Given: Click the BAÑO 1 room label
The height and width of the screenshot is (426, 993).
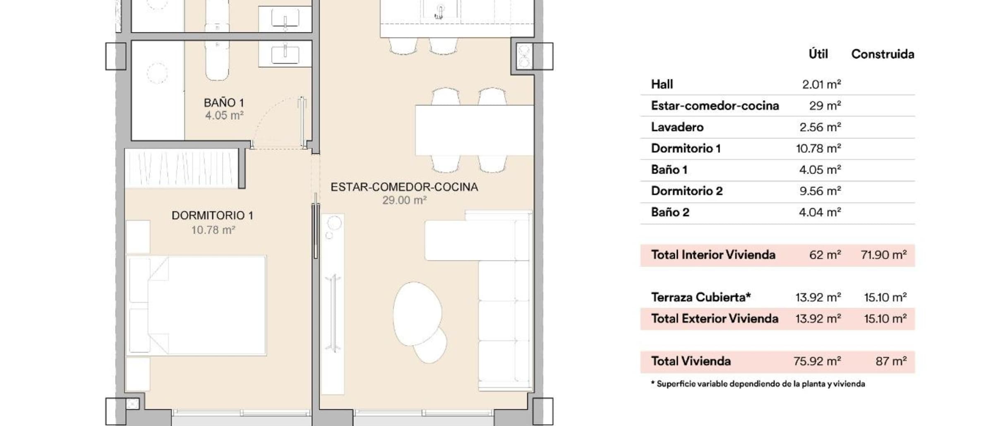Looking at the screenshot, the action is pyautogui.click(x=224, y=102).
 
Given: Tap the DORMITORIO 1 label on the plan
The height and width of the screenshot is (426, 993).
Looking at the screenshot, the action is pyautogui.click(x=212, y=215).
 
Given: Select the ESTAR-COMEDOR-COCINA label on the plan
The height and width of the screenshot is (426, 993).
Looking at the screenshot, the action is pyautogui.click(x=404, y=187).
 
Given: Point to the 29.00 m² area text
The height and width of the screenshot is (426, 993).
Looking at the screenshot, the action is pyautogui.click(x=404, y=200).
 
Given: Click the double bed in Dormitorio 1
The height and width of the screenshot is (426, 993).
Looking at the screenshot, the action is pyautogui.click(x=196, y=306).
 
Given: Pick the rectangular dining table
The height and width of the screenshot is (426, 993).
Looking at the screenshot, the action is pyautogui.click(x=475, y=130).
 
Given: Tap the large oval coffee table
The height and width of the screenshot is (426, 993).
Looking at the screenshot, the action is pyautogui.click(x=417, y=313).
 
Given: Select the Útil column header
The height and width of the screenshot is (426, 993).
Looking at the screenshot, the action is pyautogui.click(x=818, y=54).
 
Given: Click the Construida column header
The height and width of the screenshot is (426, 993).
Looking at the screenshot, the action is pyautogui.click(x=883, y=54).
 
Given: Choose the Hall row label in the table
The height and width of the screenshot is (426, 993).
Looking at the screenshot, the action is pyautogui.click(x=662, y=84).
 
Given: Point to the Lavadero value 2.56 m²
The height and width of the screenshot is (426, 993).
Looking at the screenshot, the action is pyautogui.click(x=820, y=127).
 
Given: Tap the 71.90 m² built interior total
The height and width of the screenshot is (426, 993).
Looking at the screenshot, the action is pyautogui.click(x=884, y=255).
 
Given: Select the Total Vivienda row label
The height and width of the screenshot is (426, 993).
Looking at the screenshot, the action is pyautogui.click(x=691, y=361).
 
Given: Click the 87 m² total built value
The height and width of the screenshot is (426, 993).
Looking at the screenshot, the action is pyautogui.click(x=891, y=361).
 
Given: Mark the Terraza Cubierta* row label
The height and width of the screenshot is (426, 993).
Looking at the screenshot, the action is pyautogui.click(x=701, y=297).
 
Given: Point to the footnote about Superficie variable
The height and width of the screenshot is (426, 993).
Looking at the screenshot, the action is pyautogui.click(x=758, y=384).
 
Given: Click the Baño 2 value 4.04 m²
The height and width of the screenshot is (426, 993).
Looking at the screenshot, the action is pyautogui.click(x=820, y=212).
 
